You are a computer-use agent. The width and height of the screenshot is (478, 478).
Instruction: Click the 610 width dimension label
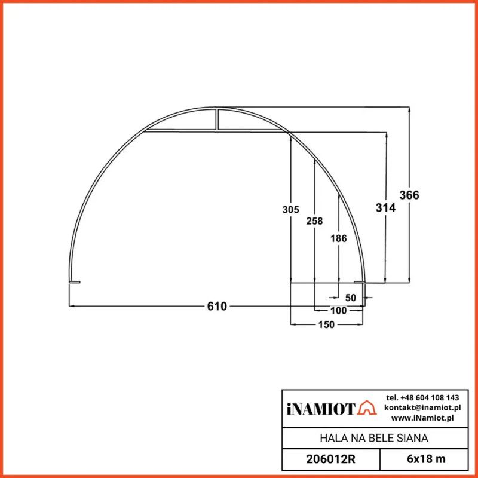click(x=217, y=307)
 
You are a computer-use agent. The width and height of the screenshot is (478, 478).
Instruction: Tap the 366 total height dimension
click(x=409, y=195)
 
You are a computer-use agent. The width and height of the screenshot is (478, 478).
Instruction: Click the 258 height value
click(x=314, y=221)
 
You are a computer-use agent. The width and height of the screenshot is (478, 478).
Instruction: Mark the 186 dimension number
click(x=338, y=238)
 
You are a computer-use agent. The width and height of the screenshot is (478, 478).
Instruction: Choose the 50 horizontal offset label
click(x=350, y=298)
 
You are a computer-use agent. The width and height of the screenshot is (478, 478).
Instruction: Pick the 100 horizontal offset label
click(x=338, y=311)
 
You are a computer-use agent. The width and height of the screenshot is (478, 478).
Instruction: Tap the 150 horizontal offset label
click(x=326, y=324)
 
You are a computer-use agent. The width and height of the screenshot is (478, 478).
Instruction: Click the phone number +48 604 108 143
click(x=422, y=397)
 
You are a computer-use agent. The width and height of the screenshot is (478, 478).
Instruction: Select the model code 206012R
click(x=331, y=459)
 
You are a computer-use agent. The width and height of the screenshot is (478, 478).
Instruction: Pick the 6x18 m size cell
click(x=424, y=459)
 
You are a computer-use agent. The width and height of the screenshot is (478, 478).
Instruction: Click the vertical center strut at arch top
click(x=217, y=119)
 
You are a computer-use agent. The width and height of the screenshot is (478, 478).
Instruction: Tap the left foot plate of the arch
click(x=74, y=282)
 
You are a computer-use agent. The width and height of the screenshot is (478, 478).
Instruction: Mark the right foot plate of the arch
click(x=360, y=282)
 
